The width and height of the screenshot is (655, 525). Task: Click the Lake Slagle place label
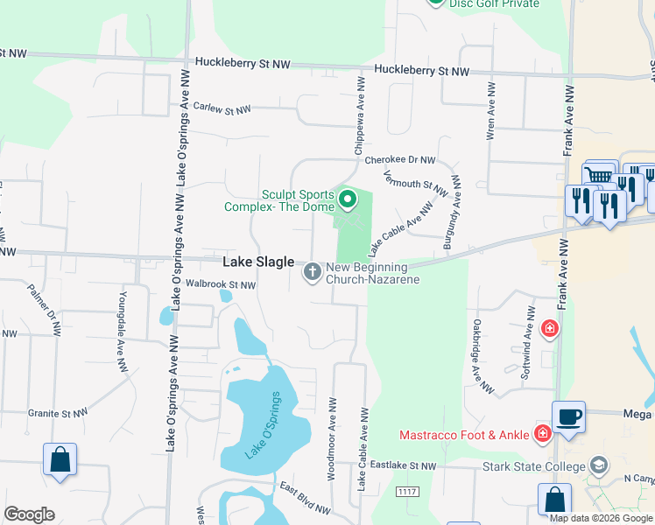pyautogui.click(x=258, y=262)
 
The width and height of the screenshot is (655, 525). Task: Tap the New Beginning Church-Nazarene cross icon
pyautogui.click(x=312, y=273)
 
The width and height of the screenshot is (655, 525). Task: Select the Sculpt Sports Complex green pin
pyautogui.click(x=348, y=200)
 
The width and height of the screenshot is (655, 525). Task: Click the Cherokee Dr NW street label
pyautogui.click(x=399, y=160)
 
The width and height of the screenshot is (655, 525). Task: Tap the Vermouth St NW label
pyautogui.click(x=416, y=185)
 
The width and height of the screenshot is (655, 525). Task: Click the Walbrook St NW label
pyautogui.click(x=221, y=285)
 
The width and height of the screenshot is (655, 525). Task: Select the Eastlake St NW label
pyautogui.click(x=402, y=465)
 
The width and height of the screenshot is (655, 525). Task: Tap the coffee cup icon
pyautogui.click(x=568, y=416)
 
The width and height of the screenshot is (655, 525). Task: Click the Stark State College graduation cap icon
pyautogui.click(x=600, y=464)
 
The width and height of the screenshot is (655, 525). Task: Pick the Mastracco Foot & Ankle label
pyautogui.click(x=464, y=434)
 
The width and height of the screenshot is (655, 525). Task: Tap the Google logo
pyautogui.click(x=29, y=514)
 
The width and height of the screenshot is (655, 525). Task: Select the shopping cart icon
pyautogui.click(x=598, y=176)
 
